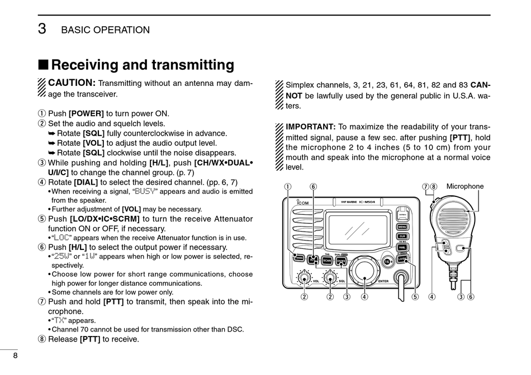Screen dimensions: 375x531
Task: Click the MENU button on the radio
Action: pos(402,227)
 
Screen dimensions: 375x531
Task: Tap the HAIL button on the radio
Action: pos(402,247)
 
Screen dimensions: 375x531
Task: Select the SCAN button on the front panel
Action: pos(327,260)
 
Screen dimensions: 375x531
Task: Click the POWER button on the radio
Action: pos(298,258)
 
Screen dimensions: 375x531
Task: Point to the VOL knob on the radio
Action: pos(305,277)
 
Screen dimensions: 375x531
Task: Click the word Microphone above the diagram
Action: pos(465,186)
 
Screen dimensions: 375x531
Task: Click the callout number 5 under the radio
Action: pos(415,297)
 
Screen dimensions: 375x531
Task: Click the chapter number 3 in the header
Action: pos(42,30)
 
